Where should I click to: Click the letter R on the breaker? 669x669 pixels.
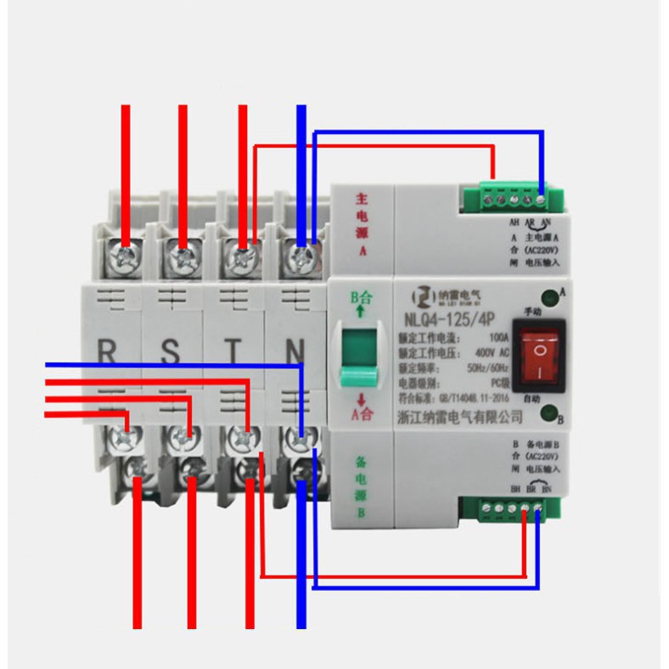[x=108, y=351]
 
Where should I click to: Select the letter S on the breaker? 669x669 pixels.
[x=170, y=351]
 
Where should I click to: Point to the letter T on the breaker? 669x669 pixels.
[x=233, y=351]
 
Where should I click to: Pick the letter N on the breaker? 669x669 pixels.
[x=295, y=351]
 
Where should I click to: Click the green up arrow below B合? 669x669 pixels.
[x=361, y=312]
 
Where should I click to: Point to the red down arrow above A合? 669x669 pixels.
[x=362, y=400]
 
